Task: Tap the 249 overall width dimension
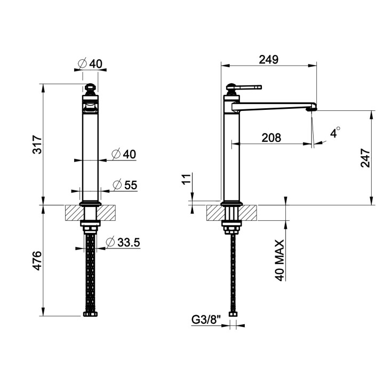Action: click(x=269, y=59)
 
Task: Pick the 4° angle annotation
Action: click(x=334, y=133)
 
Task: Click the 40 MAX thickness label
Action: click(x=281, y=260)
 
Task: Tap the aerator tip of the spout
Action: click(x=313, y=107)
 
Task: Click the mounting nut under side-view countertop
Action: click(x=231, y=229)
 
